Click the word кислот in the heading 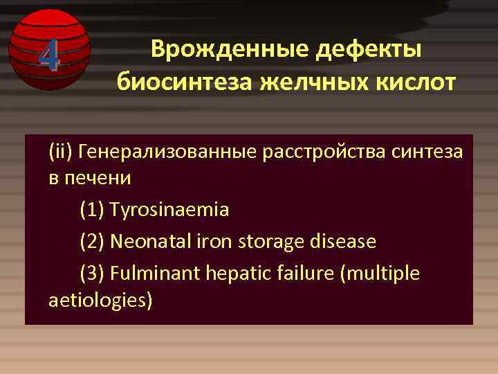414,82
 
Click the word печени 98,178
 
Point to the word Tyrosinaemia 169,209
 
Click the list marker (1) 92,209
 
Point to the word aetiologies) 101,301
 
